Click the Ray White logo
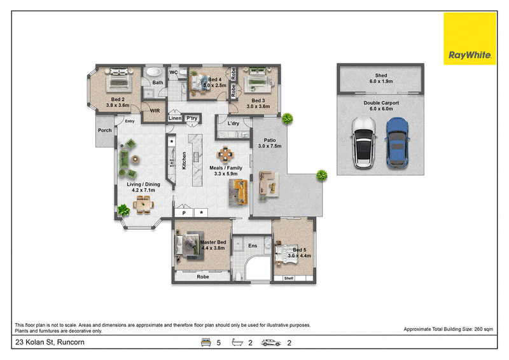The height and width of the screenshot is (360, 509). pos(470,39)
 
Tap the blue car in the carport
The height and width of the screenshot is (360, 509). pos(397,143)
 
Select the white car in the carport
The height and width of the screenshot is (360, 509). pos(363,143)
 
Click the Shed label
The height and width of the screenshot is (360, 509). pos(381,75)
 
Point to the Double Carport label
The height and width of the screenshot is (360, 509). pos(381,103)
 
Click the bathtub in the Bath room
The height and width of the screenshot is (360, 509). pos(153,72)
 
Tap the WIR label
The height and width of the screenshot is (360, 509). pos(155,111)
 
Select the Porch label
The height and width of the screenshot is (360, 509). pos(104,130)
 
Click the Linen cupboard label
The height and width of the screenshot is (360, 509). pos(175,118)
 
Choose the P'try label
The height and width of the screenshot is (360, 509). pos(192,118)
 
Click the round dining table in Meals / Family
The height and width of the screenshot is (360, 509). pos(225,154)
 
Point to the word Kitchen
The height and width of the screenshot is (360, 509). pos(184,160)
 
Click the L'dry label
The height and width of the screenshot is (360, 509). pos(233,123)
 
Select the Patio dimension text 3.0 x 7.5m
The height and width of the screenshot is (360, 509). pos(270,146)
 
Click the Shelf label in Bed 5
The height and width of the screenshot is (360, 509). pos(289,278)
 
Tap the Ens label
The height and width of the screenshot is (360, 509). pos(253,246)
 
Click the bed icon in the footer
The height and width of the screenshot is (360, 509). pos(206,342)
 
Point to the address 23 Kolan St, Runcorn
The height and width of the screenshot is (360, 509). pos(50,342)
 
